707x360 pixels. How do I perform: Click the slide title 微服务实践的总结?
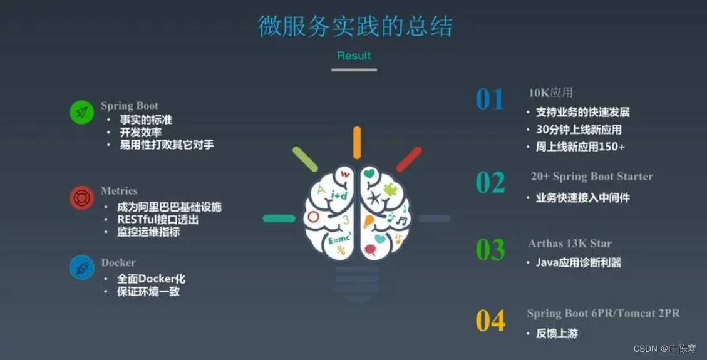pos(355,26)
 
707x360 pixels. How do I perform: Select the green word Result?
pos(354,56)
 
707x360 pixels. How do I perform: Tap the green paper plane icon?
pos(81,112)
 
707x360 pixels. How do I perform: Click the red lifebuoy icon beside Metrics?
pos(81,198)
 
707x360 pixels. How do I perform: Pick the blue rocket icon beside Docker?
pos(81,268)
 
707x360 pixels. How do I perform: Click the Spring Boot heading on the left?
pos(130,106)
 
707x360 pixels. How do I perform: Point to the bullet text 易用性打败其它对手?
pos(167,145)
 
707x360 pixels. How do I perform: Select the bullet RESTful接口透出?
pos(158,220)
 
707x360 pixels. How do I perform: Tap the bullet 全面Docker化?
pos(151,279)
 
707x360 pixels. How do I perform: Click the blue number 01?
pos(490,100)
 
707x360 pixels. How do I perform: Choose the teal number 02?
pos(490,182)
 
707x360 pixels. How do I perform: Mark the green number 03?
pos(490,250)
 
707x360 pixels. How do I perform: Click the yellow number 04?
pos(490,320)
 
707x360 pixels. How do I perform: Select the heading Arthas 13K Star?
pos(570,244)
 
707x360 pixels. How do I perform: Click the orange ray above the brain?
pos(357,142)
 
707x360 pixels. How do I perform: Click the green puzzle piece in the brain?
pos(390,189)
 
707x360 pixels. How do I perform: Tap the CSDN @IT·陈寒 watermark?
pos(665,349)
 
